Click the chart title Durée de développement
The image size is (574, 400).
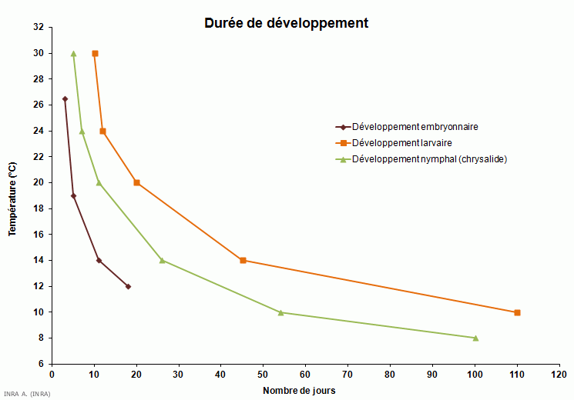pyautogui.click(x=286, y=23)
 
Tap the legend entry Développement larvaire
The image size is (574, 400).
pyautogui.click(x=401, y=143)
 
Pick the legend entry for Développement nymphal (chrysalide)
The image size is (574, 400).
pyautogui.click(x=429, y=159)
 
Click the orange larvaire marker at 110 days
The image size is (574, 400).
pyautogui.click(x=517, y=312)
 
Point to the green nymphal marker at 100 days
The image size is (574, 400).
pyautogui.click(x=475, y=338)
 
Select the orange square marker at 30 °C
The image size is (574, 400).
pyautogui.click(x=95, y=54)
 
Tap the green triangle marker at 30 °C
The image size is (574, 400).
pyautogui.click(x=73, y=54)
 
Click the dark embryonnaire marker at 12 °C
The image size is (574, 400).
pyautogui.click(x=128, y=286)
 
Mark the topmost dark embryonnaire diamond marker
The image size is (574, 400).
pyautogui.click(x=65, y=99)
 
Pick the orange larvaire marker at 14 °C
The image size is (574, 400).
pyautogui.click(x=243, y=260)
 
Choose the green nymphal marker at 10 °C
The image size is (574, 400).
pyautogui.click(x=280, y=312)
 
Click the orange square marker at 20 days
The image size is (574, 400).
pyautogui.click(x=136, y=182)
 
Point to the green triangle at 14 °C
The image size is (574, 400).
pyautogui.click(x=162, y=260)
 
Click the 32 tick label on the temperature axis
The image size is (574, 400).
pyautogui.click(x=39, y=28)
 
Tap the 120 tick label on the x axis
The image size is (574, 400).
pyautogui.click(x=559, y=375)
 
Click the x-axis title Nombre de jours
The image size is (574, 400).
pyautogui.click(x=299, y=390)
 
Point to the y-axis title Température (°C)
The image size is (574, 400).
pyautogui.click(x=12, y=199)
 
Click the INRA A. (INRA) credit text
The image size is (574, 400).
pyautogui.click(x=27, y=395)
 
